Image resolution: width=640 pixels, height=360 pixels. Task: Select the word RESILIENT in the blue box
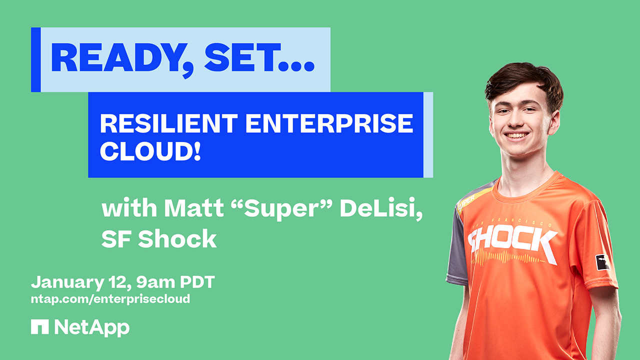169,123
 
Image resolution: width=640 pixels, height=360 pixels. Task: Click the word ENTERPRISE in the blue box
329,123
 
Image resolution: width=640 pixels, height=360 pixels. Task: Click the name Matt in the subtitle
193,207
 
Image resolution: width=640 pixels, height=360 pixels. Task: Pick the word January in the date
67,282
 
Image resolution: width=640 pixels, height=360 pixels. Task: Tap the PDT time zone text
197,282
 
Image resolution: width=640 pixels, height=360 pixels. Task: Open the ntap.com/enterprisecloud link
110,299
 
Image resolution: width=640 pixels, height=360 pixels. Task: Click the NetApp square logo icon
39,326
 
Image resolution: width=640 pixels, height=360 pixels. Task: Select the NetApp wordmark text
91,327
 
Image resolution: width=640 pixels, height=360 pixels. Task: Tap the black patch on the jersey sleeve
602,262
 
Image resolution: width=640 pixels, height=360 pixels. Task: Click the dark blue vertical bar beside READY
36,59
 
